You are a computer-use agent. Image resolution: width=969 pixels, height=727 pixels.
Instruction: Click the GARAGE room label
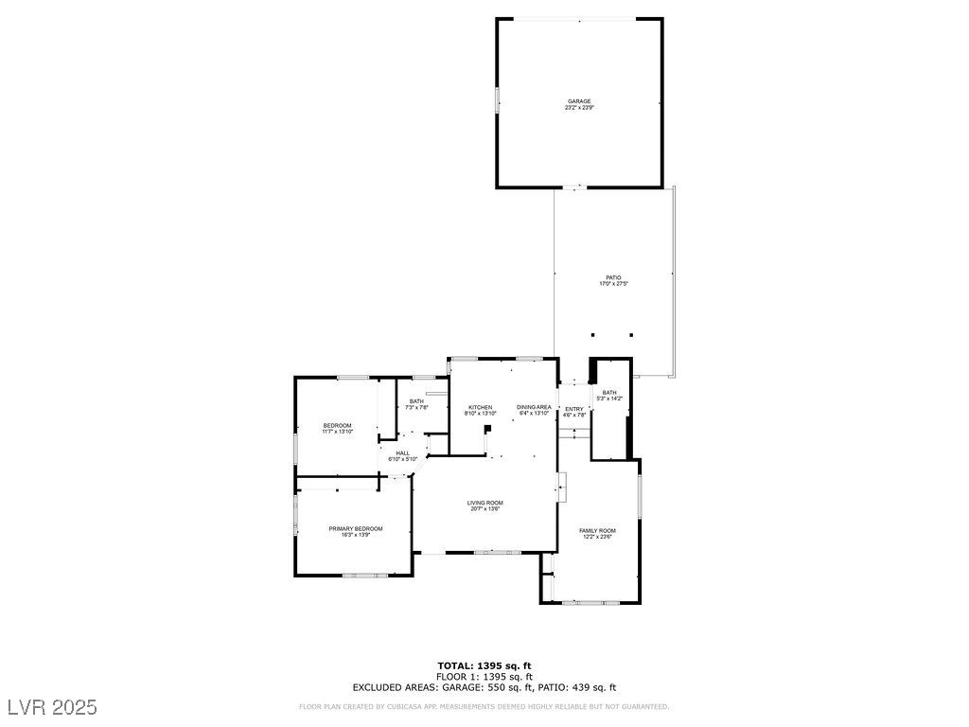(x=579, y=101)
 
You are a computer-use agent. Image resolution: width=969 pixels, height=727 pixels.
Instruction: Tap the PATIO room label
(x=613, y=277)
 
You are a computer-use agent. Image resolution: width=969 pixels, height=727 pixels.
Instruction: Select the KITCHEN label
(x=480, y=407)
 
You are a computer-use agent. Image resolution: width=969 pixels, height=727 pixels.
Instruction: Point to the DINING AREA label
(x=534, y=407)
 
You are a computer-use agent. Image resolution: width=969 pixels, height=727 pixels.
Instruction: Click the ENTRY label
(x=574, y=409)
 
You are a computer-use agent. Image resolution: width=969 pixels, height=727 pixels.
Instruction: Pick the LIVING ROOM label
(x=484, y=503)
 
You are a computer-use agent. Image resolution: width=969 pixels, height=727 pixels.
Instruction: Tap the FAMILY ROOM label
(x=597, y=530)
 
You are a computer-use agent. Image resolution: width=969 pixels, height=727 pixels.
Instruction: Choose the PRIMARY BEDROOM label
(x=356, y=528)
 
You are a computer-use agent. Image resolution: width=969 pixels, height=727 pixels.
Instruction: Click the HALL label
(x=403, y=452)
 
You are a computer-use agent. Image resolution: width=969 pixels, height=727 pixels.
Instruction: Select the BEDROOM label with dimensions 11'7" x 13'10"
(x=338, y=425)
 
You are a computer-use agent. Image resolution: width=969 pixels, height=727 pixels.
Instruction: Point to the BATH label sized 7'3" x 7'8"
(x=416, y=401)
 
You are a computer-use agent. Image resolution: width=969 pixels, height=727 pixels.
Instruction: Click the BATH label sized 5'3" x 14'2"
(x=609, y=392)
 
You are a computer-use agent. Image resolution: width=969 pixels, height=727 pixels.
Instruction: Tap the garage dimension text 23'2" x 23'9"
(x=579, y=108)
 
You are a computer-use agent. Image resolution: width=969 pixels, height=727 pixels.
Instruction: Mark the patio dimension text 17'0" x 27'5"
(x=613, y=284)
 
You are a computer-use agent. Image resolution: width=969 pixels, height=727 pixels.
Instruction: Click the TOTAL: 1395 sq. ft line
(x=484, y=665)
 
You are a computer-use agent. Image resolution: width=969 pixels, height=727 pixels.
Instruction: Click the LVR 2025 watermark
(x=52, y=707)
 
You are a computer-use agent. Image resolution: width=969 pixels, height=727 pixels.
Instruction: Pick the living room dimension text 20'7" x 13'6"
(x=484, y=509)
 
